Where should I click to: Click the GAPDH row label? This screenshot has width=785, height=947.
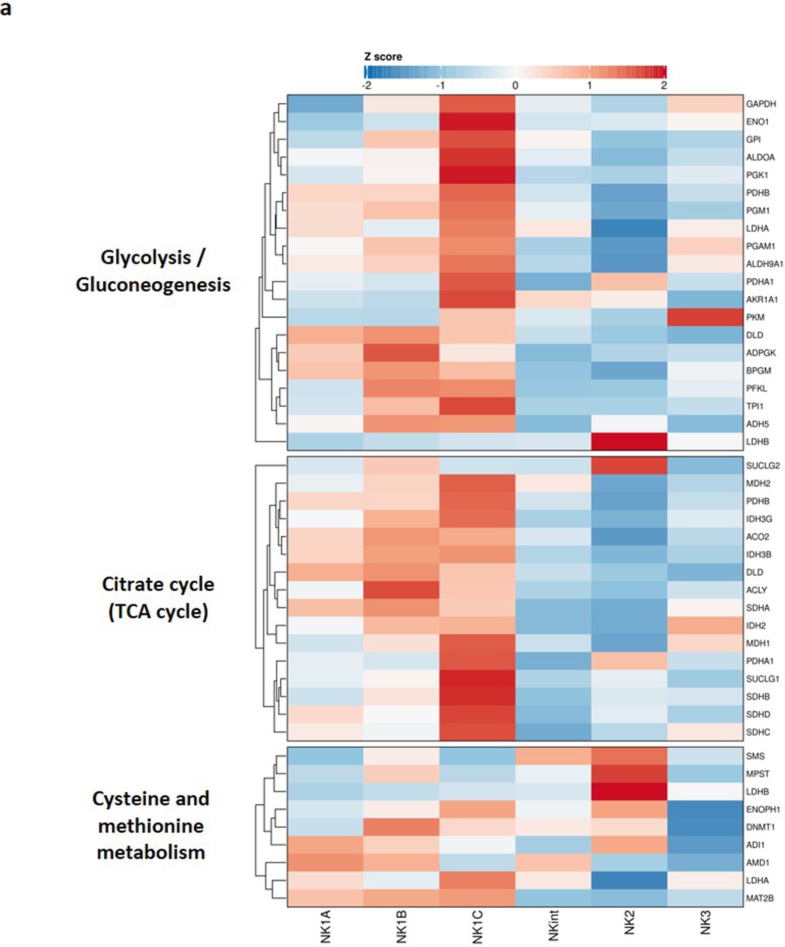tap(760, 104)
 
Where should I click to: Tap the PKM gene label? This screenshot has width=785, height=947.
tap(755, 317)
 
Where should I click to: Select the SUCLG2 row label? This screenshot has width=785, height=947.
tap(762, 465)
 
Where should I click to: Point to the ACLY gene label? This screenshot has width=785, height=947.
tap(756, 590)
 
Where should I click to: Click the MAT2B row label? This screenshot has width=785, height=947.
tap(759, 898)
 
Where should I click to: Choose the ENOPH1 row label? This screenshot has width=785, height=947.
tap(763, 809)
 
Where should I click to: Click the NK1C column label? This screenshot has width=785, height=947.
tap(477, 927)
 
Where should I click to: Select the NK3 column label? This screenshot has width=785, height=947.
tap(705, 922)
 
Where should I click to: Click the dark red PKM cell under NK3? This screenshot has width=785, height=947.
tap(705, 317)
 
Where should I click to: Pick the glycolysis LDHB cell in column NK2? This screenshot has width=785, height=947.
tap(629, 442)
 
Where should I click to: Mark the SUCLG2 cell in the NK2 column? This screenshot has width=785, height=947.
tap(629, 465)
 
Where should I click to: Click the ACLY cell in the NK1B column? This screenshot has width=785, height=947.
tap(401, 590)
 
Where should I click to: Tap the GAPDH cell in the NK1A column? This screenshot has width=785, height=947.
tap(325, 104)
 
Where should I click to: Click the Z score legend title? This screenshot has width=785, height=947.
tap(383, 57)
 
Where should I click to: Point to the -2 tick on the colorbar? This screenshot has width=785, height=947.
tap(367, 85)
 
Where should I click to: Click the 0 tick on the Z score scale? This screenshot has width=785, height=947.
tap(515, 85)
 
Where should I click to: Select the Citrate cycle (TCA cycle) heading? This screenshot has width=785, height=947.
tap(158, 598)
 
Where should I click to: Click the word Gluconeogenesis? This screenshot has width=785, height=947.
tap(153, 285)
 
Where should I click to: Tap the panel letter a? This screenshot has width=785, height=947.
tap(6, 9)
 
